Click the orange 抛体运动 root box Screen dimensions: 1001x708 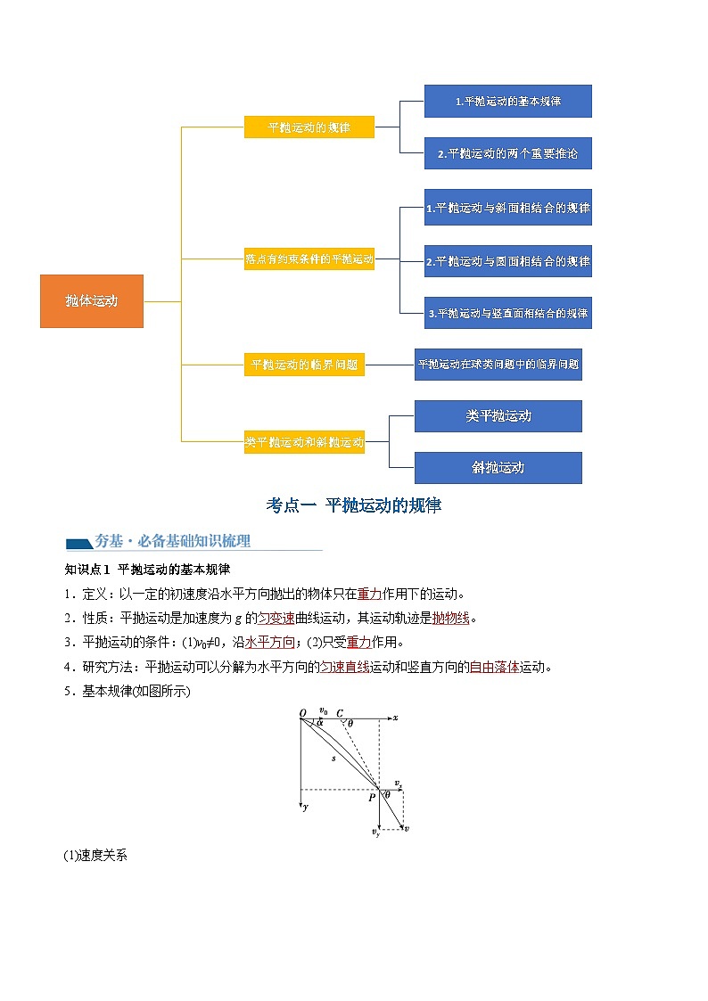click(92, 301)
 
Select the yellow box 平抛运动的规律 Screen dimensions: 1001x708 click(309, 127)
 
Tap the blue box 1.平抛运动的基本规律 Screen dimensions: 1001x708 click(507, 102)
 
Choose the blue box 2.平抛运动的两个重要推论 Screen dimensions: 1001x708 click(507, 153)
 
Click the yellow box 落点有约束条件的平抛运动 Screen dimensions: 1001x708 click(309, 259)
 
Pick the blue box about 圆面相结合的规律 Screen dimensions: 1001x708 click(507, 262)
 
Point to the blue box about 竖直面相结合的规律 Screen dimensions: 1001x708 click(507, 313)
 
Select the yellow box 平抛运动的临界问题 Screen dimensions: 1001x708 click(304, 365)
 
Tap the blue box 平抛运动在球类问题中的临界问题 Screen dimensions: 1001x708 click(498, 365)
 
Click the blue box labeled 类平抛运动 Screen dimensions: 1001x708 click(498, 416)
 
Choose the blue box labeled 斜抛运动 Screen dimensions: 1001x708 click(498, 467)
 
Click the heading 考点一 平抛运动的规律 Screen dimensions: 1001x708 click(354, 505)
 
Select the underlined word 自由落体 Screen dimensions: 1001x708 click(494, 666)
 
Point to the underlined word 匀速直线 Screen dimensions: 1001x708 click(344, 666)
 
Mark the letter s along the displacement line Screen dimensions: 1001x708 click(333, 759)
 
